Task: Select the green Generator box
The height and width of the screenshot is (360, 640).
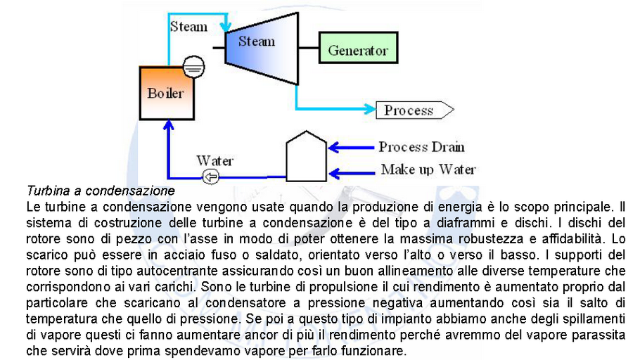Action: tap(357, 51)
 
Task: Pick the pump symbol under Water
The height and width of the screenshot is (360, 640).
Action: tap(210, 176)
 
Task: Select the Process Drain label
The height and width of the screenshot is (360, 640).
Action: tap(421, 147)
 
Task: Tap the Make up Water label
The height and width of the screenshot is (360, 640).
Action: tap(428, 169)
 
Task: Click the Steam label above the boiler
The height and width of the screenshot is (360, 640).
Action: tap(188, 27)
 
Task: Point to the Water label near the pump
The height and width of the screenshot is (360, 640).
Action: tap(215, 161)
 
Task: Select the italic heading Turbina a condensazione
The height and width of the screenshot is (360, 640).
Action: tap(100, 191)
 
